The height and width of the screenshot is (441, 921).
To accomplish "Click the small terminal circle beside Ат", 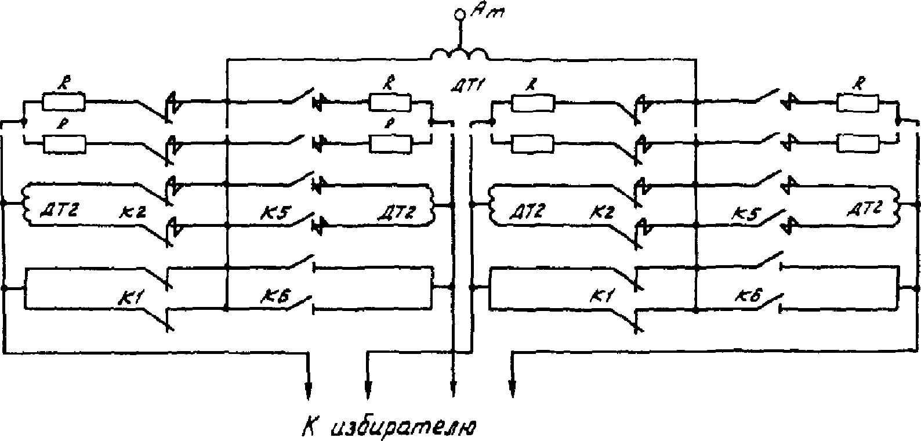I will point(460,13).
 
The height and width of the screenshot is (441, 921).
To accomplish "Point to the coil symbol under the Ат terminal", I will point(459,55).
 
